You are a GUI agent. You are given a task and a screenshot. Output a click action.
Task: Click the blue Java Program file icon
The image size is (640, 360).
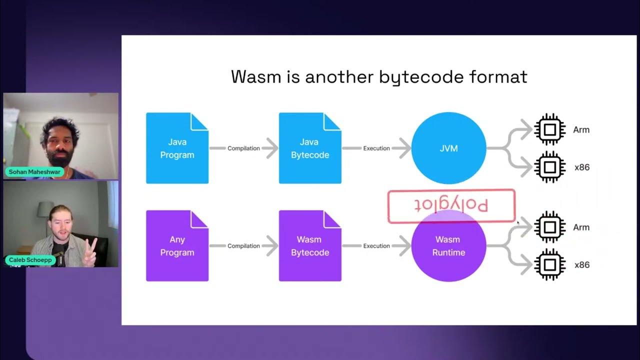(177, 148)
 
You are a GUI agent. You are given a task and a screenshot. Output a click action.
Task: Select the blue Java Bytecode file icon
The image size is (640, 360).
(310, 148)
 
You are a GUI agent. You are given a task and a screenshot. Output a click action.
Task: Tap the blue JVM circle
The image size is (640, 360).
(448, 148)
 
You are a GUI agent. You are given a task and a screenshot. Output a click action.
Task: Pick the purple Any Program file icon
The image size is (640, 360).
(177, 246)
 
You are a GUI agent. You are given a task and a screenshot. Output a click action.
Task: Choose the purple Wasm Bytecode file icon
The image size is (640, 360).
(310, 246)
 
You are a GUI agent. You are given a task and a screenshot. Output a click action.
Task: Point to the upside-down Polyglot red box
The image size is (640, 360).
(451, 205)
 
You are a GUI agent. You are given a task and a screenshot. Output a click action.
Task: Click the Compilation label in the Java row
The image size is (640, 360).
(243, 148)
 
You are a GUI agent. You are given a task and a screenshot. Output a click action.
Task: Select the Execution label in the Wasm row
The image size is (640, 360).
(376, 246)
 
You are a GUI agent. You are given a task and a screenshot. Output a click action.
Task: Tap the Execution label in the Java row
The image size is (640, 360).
(376, 148)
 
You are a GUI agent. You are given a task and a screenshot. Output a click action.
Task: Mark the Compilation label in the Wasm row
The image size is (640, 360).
(243, 246)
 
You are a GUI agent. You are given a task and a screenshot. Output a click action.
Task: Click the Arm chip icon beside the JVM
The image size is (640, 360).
(549, 130)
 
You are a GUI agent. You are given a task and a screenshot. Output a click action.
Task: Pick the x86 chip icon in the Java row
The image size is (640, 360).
(549, 167)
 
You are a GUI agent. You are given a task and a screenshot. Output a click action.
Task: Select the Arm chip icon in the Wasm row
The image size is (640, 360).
(549, 227)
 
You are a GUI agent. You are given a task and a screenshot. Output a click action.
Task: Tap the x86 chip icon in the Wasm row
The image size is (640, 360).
(549, 264)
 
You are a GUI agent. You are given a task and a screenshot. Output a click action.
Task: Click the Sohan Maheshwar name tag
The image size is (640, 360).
(34, 172)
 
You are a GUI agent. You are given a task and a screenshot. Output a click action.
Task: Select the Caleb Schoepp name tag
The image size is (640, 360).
(30, 260)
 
